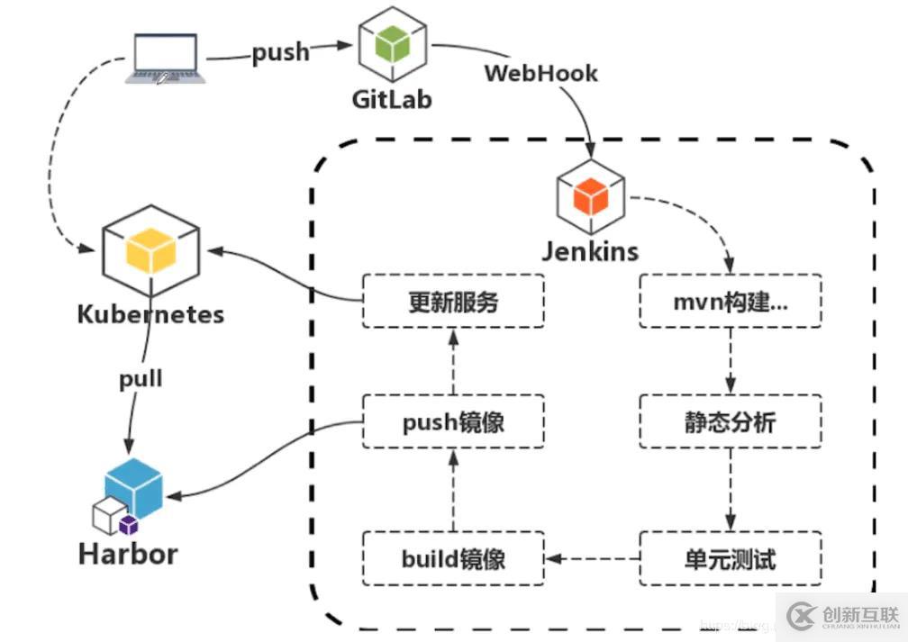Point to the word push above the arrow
[280, 52]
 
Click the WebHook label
[540, 73]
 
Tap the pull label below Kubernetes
[141, 378]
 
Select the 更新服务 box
[453, 301]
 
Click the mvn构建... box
[731, 301]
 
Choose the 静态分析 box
[731, 421]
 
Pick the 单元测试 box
[731, 558]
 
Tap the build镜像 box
[453, 558]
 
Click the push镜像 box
[453, 421]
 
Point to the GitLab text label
[392, 98]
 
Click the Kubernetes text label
[150, 314]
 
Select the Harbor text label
[129, 553]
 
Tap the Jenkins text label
[590, 250]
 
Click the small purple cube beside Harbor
[129, 525]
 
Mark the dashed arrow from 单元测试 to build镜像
[593, 558]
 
